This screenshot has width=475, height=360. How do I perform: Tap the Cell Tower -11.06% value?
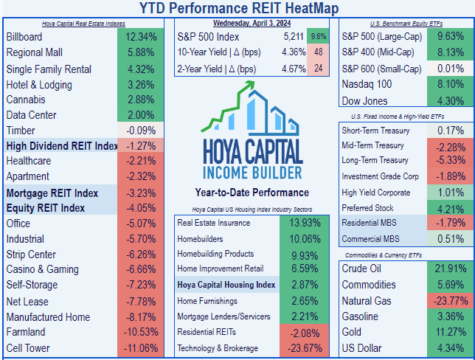click(x=140, y=347)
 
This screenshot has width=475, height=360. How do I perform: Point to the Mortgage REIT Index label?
click(x=52, y=193)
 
